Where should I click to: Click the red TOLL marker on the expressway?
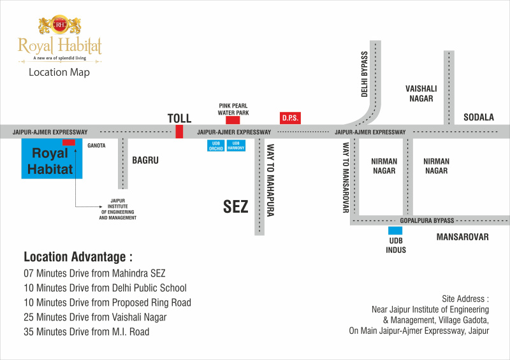pyautogui.click(x=179, y=132)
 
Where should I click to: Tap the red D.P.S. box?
pyautogui.click(x=290, y=119)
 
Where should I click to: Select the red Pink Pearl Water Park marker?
pyautogui.click(x=233, y=120)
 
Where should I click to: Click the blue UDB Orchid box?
pyautogui.click(x=215, y=146)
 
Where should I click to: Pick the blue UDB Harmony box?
pyautogui.click(x=236, y=146)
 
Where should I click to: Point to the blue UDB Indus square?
pyautogui.click(x=395, y=231)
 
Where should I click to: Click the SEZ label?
pyautogui.click(x=235, y=206)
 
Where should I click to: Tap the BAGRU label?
pyautogui.click(x=145, y=161)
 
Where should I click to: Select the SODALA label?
pyautogui.click(x=479, y=117)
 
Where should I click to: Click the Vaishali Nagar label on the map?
pyautogui.click(x=419, y=94)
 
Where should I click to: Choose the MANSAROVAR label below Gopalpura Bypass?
pyautogui.click(x=462, y=237)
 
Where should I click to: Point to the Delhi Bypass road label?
pyautogui.click(x=365, y=74)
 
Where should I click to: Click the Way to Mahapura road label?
pyautogui.click(x=270, y=180)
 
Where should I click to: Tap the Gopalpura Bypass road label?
pyautogui.click(x=426, y=220)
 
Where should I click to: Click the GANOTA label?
pyautogui.click(x=97, y=146)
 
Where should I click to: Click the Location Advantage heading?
pyautogui.click(x=78, y=257)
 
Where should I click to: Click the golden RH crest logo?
pyautogui.click(x=60, y=26)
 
